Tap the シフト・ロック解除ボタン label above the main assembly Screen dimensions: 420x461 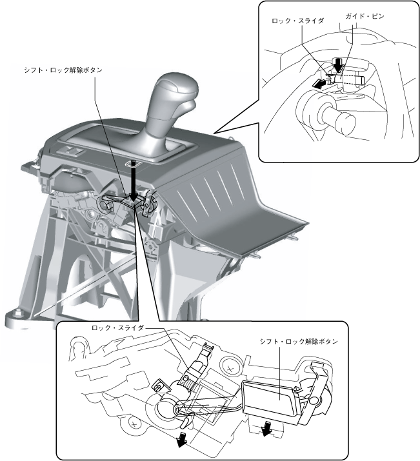click(63, 70)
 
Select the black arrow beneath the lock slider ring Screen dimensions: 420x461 click(183, 440)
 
